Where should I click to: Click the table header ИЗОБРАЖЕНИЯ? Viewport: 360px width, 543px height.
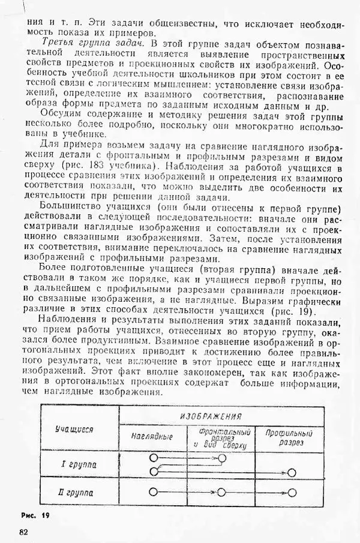pos(220,416)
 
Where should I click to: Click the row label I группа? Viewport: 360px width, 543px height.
pos(79,464)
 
